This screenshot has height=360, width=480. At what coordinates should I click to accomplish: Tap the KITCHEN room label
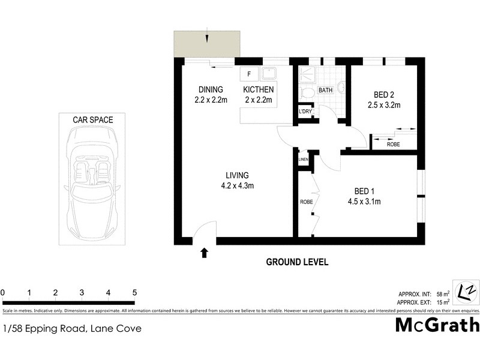click(x=258, y=89)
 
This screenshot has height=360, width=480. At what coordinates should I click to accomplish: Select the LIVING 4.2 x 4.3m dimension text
click(x=237, y=185)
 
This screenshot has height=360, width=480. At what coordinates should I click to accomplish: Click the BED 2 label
click(x=384, y=95)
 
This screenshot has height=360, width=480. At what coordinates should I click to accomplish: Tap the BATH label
click(x=325, y=91)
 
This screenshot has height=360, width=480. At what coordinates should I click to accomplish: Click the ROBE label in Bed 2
click(x=394, y=145)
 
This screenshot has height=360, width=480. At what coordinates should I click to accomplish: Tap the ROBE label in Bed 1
click(x=306, y=202)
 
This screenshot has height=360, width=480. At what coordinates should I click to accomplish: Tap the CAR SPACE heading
click(x=92, y=120)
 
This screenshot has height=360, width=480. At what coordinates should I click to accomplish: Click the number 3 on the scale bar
click(x=82, y=293)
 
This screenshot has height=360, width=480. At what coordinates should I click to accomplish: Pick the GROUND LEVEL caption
click(x=297, y=262)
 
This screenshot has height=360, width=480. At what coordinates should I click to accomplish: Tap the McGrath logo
click(x=437, y=325)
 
